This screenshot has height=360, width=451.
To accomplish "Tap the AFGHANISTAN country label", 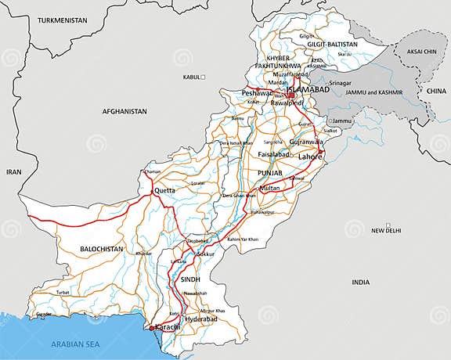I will tap(124, 112).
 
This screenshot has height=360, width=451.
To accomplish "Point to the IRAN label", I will tap(14, 171).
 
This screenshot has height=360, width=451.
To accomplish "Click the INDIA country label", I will tap(360, 282).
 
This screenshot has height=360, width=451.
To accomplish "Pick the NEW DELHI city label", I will tap(386, 231).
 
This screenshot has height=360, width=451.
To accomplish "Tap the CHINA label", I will tap(435, 92).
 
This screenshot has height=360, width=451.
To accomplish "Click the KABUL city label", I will tap(191, 77).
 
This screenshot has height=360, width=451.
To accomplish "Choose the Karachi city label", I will tap(167, 326).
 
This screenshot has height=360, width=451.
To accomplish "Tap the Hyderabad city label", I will tap(200, 320).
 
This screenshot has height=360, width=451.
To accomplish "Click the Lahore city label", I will tap(310, 157).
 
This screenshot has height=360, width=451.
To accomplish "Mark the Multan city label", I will tap(269, 189).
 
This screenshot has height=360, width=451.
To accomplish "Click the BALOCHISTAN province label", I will tap(103, 249).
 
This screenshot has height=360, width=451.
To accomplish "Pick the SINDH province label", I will tap(190, 279).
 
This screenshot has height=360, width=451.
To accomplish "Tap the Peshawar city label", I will tap(257, 93).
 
